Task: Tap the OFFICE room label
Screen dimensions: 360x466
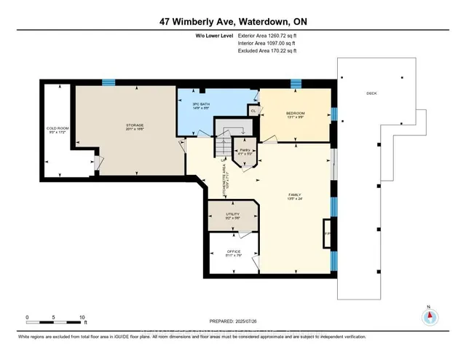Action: click(x=232, y=253)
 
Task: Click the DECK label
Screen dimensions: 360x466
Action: click(x=372, y=94)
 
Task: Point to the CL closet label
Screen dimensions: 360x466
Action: click(x=253, y=111)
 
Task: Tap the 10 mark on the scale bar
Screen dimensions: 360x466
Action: click(x=82, y=318)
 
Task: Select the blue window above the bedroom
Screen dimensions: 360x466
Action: click(x=296, y=84)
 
